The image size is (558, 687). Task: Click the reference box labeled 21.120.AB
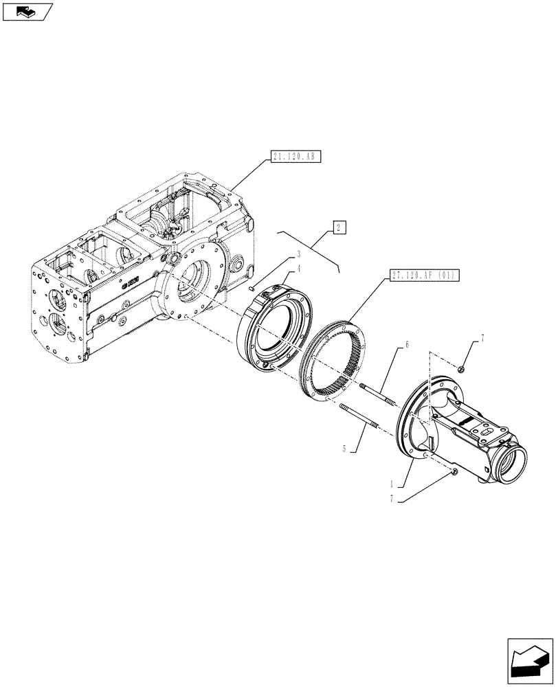tap(296, 157)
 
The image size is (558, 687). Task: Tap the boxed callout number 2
tap(339, 227)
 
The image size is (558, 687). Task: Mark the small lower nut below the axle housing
tap(454, 471)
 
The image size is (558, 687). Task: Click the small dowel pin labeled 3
tap(253, 289)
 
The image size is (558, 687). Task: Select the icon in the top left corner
tap(27, 11)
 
